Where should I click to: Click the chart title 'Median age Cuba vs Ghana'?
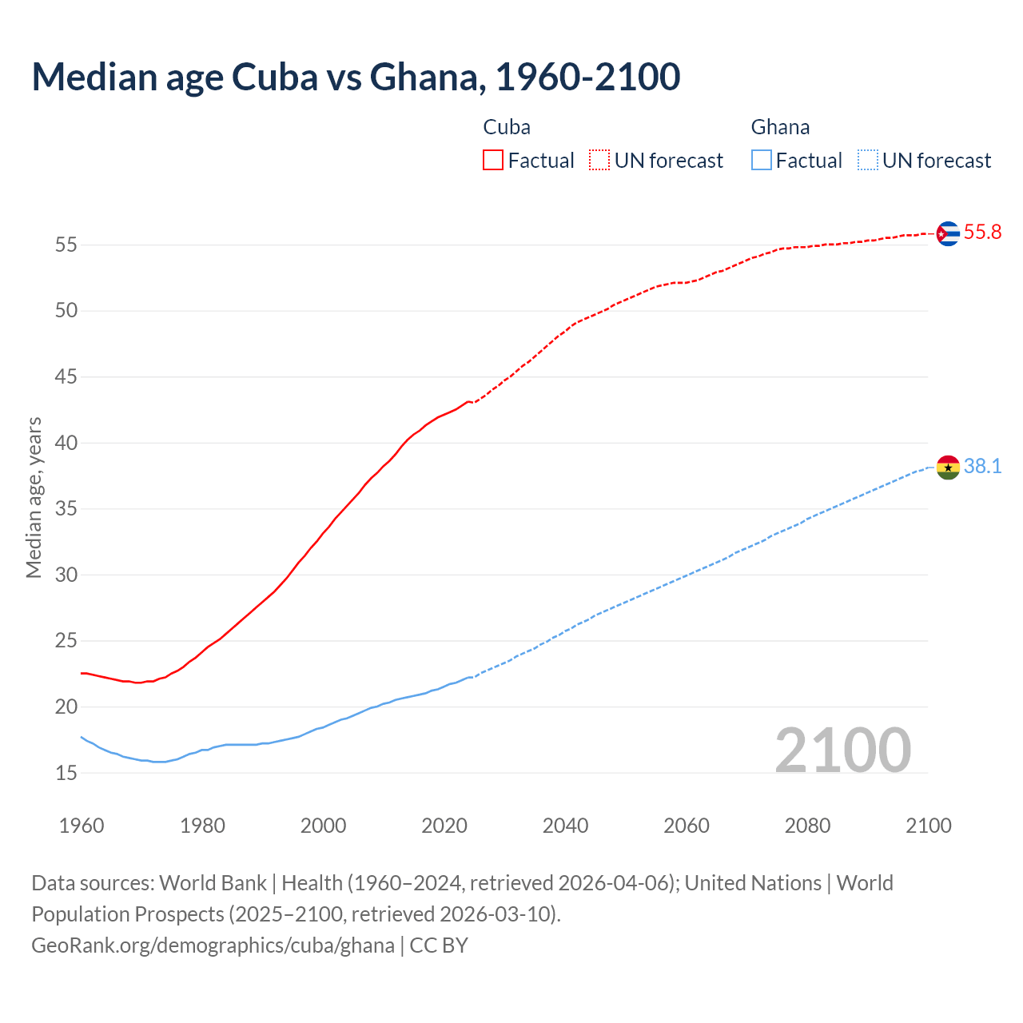pos(356,77)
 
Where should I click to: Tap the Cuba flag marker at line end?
pos(947,233)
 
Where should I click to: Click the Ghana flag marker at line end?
pos(947,467)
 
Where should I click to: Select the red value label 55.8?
pos(982,233)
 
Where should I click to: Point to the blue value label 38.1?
pos(982,466)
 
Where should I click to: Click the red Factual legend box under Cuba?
pos(493,161)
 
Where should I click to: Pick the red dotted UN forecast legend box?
pos(599,161)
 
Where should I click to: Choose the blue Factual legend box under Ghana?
pos(762,161)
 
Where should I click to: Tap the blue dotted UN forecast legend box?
pos(868,161)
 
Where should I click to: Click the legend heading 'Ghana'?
pos(780,127)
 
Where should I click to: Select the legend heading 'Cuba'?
pos(507,127)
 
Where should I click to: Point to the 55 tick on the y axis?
pos(66,245)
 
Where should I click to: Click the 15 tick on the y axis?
pos(66,773)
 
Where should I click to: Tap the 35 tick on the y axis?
pos(66,509)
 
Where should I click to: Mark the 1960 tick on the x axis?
pos(82,826)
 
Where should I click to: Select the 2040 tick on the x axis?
pos(565,826)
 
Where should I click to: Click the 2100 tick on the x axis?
pos(928,826)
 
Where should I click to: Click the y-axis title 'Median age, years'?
pos(34,497)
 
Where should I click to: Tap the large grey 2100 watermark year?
pos(842,750)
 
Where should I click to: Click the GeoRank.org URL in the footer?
pos(213,945)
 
